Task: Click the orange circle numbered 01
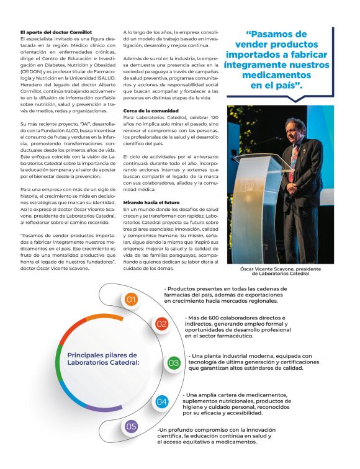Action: click(x=131, y=300)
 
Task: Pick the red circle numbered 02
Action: click(x=161, y=324)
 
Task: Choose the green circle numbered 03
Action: click(x=174, y=362)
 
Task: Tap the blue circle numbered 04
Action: click(x=161, y=401)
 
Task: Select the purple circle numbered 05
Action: click(x=131, y=426)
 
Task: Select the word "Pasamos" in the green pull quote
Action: click(x=274, y=33)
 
